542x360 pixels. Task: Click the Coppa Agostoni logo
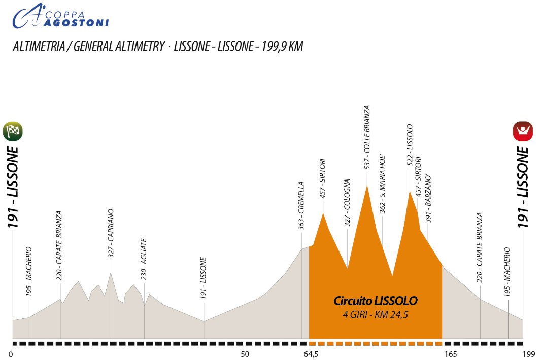(x=60, y=16)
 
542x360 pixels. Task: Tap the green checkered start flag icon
(x=13, y=131)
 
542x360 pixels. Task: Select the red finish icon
(x=523, y=131)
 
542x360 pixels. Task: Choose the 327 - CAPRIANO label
(x=111, y=233)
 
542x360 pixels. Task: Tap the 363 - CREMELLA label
(x=301, y=206)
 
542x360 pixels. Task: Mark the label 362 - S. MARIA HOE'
(x=384, y=184)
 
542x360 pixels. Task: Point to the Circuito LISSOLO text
(x=376, y=301)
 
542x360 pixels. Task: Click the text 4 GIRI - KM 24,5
(x=375, y=315)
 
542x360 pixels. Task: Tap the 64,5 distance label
(x=311, y=354)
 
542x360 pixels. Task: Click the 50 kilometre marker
(x=245, y=354)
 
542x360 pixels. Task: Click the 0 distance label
(x=11, y=354)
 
